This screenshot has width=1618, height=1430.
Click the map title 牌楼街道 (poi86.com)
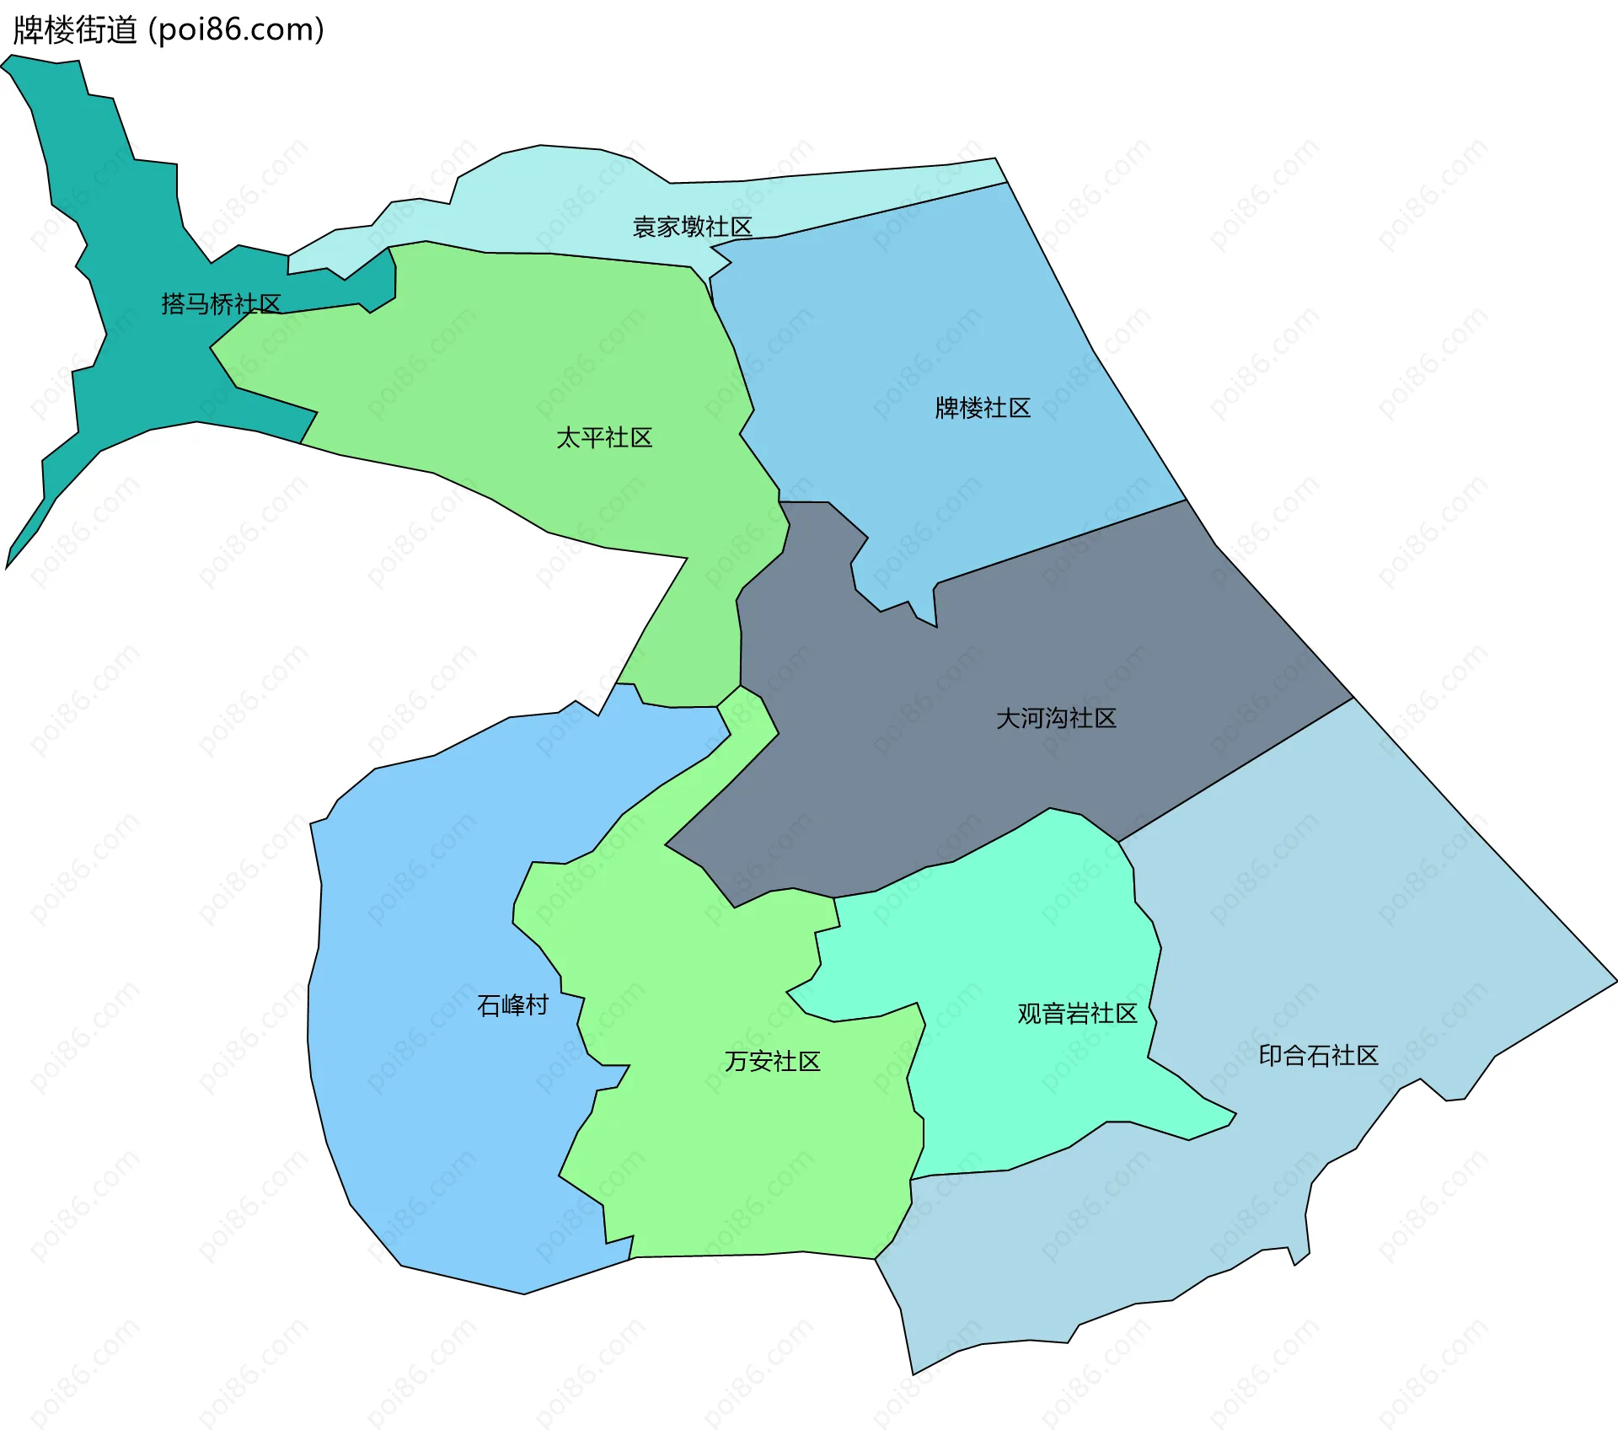(x=169, y=30)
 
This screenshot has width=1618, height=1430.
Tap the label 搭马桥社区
(x=221, y=303)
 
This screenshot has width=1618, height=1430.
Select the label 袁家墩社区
(x=692, y=227)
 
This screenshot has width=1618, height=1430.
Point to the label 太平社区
(x=604, y=437)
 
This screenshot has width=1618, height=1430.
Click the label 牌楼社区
(x=983, y=408)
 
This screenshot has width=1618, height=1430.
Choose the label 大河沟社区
(x=1056, y=718)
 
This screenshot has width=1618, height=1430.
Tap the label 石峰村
(x=512, y=1004)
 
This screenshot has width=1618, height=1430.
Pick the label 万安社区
(x=772, y=1061)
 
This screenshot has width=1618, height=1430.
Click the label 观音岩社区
(x=1077, y=1013)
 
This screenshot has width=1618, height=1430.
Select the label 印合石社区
(x=1318, y=1055)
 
